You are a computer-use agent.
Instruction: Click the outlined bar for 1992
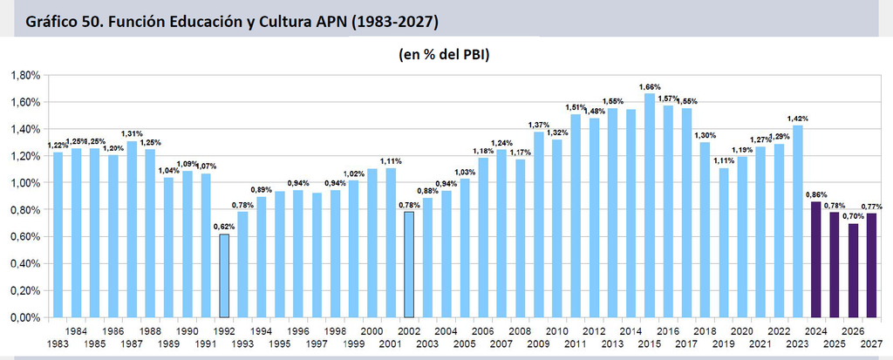[x=224, y=275]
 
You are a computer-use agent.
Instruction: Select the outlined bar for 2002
[x=409, y=265]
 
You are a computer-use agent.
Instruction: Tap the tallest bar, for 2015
[x=649, y=206]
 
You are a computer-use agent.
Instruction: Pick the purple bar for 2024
[x=815, y=260]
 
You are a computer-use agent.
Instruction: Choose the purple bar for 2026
[x=853, y=270]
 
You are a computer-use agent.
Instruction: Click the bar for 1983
[x=58, y=234]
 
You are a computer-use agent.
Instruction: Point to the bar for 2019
[x=723, y=242]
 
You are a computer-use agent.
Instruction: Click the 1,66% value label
[x=649, y=87]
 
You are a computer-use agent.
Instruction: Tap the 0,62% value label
[x=224, y=227]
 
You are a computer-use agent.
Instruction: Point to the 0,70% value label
[x=853, y=216]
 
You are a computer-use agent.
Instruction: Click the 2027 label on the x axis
[x=871, y=344]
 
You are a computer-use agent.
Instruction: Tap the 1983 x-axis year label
[x=58, y=344]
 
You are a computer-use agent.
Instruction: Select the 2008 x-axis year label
[x=520, y=331]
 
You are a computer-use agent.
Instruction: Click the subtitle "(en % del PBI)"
[x=444, y=55]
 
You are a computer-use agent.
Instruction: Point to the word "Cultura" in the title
[x=292, y=22]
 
